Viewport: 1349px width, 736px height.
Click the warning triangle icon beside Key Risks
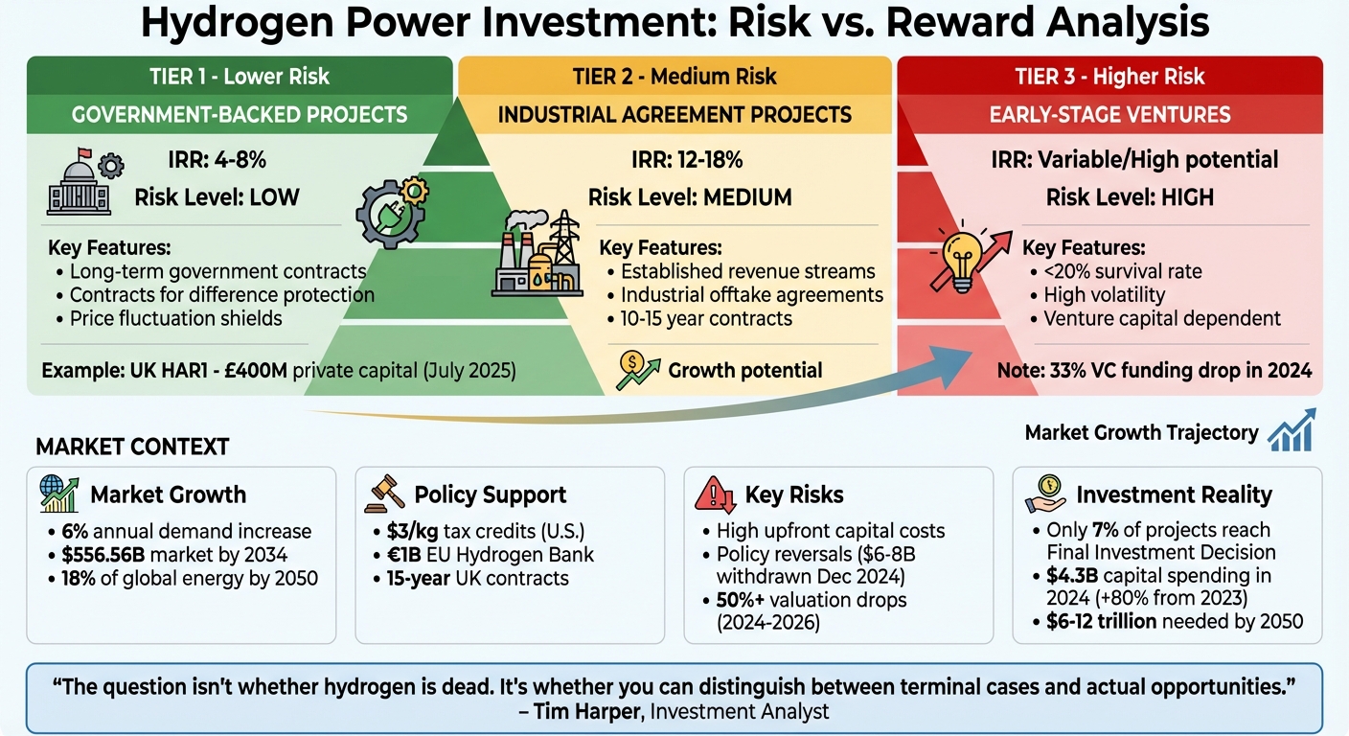coord(715,494)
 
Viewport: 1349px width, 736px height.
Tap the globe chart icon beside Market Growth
coord(59,494)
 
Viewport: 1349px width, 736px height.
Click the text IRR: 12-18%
coord(687,159)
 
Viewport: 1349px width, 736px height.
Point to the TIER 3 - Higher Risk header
coord(1109,76)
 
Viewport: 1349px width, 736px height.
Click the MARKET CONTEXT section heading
coord(132,447)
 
